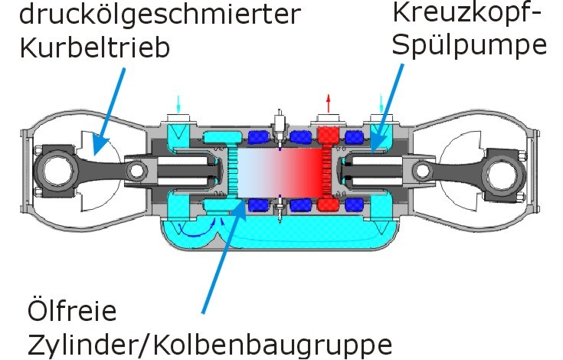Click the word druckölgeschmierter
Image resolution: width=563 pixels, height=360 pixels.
[160, 15]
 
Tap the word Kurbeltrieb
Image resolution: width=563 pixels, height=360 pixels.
[94, 47]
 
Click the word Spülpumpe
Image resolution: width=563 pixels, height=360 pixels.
[470, 46]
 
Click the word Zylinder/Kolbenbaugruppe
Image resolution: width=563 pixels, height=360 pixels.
[209, 344]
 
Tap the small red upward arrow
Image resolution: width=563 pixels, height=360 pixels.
[328, 103]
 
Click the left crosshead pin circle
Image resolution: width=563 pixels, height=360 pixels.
[136, 171]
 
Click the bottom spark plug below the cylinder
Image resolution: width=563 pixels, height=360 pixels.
[280, 209]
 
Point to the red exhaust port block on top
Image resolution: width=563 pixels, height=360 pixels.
[328, 136]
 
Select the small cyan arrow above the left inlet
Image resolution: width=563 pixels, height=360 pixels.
[178, 103]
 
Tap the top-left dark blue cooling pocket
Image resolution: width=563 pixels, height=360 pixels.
[259, 137]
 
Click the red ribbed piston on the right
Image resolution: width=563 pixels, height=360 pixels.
[327, 172]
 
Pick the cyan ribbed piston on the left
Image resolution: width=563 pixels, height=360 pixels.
[234, 172]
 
